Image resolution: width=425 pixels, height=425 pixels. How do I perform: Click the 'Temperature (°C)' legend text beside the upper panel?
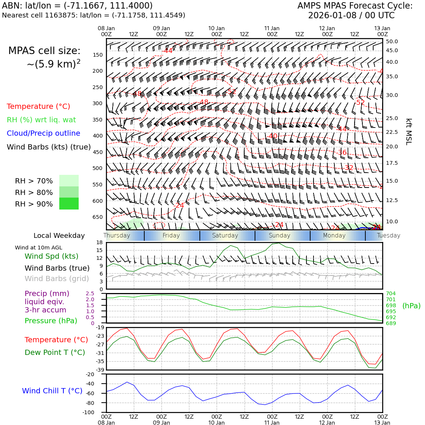point(38,107)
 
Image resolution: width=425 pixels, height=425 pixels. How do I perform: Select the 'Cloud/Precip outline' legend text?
point(43,133)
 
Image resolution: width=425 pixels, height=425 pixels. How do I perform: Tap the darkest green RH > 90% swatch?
point(69,204)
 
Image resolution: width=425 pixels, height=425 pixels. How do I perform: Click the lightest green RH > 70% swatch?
point(69,181)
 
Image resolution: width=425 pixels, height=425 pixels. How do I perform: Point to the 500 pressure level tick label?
point(98,169)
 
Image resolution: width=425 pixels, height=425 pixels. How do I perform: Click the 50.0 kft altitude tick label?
point(392,42)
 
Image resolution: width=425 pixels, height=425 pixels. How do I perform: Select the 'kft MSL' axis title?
point(409,132)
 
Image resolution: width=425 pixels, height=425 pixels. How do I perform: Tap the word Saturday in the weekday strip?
point(225,236)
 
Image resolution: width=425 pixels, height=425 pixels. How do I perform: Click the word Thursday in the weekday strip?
point(117,236)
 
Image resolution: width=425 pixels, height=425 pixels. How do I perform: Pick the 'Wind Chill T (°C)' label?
point(52,391)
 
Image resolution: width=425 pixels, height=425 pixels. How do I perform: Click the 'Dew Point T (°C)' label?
point(55,353)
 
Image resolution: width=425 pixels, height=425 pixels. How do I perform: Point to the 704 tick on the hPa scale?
point(391,294)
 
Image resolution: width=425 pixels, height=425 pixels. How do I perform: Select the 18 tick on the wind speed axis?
point(100,243)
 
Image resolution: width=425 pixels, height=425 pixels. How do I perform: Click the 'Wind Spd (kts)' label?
point(51,256)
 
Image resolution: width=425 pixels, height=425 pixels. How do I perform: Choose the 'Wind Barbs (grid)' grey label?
point(57,279)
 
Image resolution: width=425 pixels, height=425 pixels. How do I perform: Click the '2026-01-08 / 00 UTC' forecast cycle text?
point(351,16)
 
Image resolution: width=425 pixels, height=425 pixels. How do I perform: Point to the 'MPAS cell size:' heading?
point(44,51)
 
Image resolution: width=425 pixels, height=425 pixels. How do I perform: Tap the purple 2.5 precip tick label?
point(90,294)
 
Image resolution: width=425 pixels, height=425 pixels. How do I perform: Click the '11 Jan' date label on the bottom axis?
point(272,423)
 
